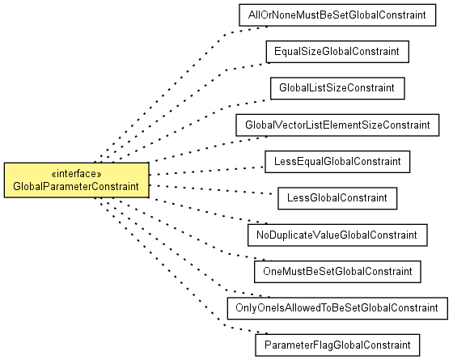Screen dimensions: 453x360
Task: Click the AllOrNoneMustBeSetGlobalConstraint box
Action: click(x=337, y=15)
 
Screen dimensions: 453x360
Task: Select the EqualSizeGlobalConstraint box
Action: click(x=337, y=52)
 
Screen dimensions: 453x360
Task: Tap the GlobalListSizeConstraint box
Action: click(x=337, y=88)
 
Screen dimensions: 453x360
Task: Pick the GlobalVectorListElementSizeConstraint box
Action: click(x=337, y=125)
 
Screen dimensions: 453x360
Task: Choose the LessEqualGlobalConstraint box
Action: click(x=337, y=162)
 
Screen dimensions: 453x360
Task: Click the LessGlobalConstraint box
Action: click(x=337, y=198)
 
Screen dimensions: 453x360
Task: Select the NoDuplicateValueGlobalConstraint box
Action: click(x=337, y=235)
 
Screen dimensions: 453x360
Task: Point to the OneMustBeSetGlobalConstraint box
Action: click(x=337, y=272)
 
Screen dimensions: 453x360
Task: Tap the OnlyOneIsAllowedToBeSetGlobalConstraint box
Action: click(x=337, y=308)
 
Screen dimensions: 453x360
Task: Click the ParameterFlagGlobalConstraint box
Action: click(x=337, y=345)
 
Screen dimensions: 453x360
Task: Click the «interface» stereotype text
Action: click(x=76, y=174)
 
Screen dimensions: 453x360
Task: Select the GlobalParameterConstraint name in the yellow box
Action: click(x=76, y=187)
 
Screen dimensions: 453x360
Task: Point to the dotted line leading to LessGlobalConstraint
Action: click(x=211, y=189)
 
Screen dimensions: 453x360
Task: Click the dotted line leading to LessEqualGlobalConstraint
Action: click(x=207, y=171)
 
